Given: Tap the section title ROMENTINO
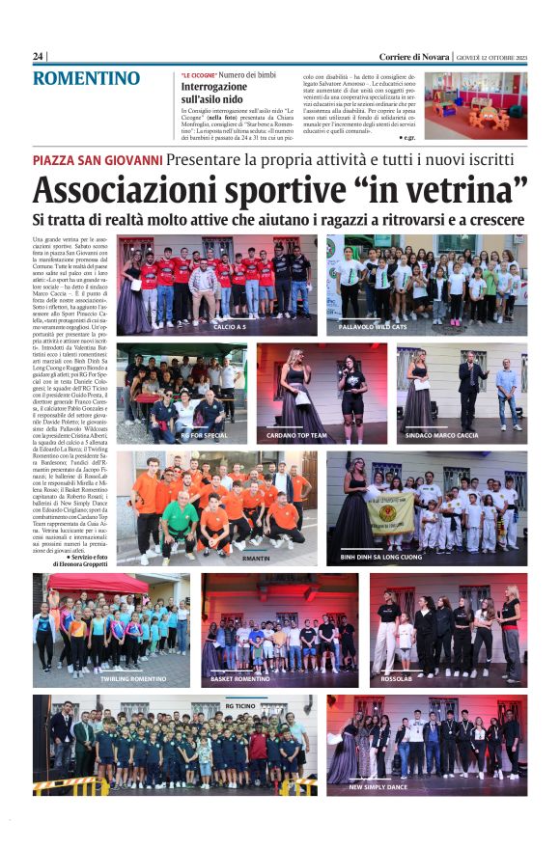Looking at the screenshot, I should point(86,78).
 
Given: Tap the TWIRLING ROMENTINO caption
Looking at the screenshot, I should point(133,679).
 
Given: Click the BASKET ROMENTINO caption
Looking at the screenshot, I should point(240,679).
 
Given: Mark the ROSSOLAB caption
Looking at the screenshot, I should point(396,679).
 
